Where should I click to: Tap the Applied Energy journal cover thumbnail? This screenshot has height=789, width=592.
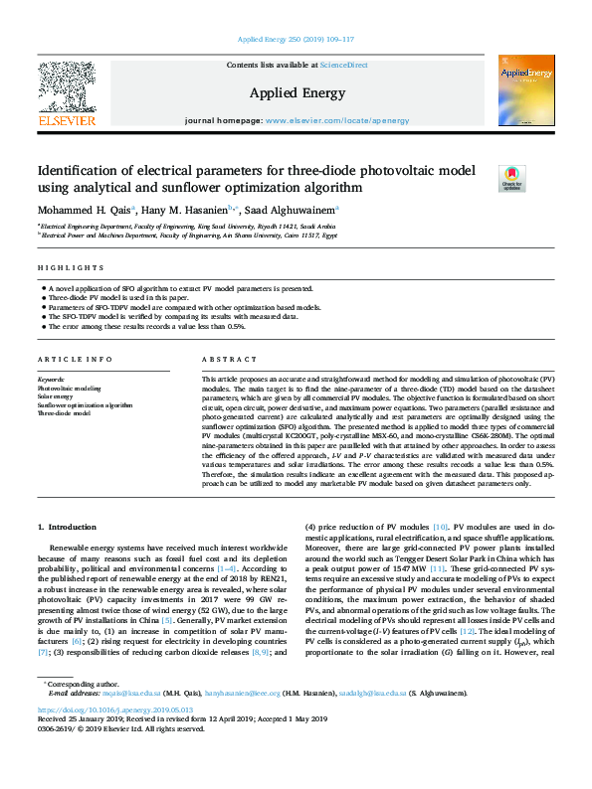tap(526, 90)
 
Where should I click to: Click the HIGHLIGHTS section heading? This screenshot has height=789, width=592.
tap(71, 268)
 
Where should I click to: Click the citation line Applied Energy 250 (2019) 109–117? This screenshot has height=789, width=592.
tap(296, 39)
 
